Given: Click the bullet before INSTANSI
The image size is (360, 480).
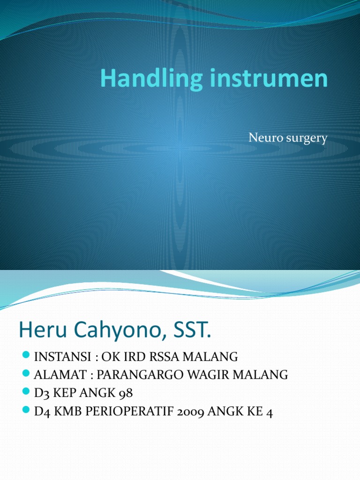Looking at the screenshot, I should (x=26, y=356).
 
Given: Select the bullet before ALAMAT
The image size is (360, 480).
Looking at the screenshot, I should (x=26, y=375).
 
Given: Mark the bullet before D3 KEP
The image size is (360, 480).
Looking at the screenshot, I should (x=26, y=393).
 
